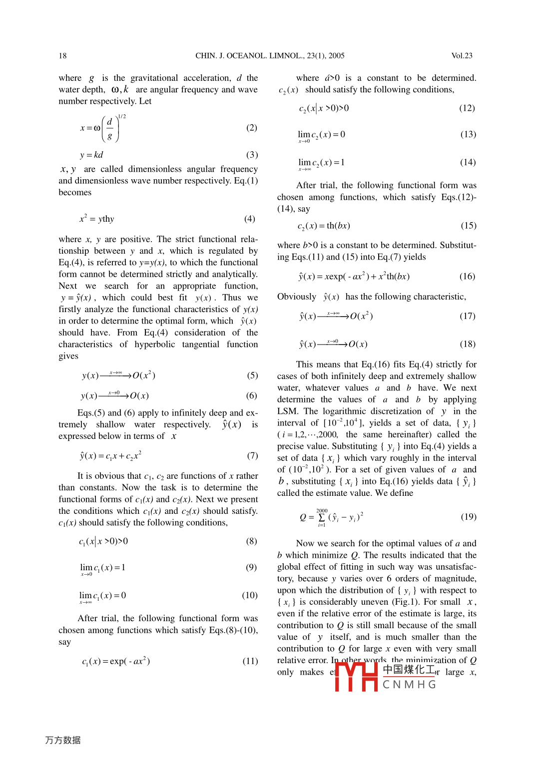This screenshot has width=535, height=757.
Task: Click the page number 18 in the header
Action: [62, 56]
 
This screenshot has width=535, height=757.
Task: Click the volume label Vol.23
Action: [462, 56]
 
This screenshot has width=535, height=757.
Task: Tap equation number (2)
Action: [252, 128]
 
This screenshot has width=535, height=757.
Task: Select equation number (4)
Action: [250, 219]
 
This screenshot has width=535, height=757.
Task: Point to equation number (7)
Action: [253, 455]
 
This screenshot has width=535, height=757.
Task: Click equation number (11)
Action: [250, 661]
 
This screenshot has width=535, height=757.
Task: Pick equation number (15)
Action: [469, 226]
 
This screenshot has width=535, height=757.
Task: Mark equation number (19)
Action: [469, 517]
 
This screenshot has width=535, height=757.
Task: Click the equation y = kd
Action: [91, 155]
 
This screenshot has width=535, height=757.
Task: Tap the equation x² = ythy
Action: [97, 219]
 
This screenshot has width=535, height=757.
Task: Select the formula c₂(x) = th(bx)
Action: [324, 226]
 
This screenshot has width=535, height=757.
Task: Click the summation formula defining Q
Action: [331, 517]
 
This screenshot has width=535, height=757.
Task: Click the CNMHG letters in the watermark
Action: [409, 685]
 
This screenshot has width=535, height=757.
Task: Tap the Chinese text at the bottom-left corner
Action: [63, 740]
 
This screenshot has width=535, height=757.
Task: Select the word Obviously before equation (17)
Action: [297, 297]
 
